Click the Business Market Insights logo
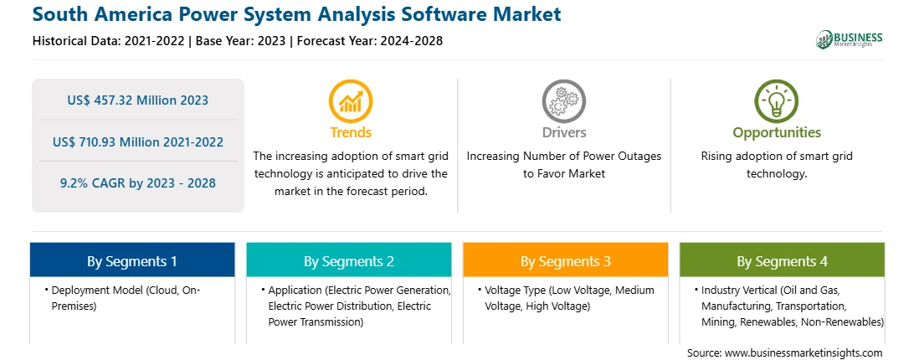click(850, 39)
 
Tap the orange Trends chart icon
click(351, 101)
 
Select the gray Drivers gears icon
click(563, 101)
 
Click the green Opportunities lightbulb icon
click(777, 101)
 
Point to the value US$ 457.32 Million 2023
click(137, 100)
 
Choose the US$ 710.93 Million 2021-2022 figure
click(137, 141)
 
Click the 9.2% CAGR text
click(137, 183)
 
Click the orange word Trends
click(351, 132)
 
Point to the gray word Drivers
click(564, 132)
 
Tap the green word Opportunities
click(777, 133)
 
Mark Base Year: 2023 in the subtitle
click(241, 41)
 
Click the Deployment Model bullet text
click(126, 297)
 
